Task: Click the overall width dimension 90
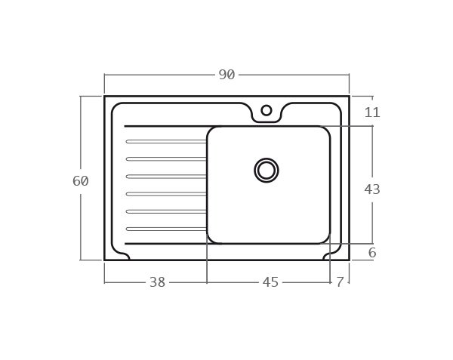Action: (226, 75)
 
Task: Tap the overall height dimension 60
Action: (81, 181)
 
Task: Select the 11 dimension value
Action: (372, 112)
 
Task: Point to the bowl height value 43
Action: (372, 189)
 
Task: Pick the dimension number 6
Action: (372, 253)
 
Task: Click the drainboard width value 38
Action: (157, 282)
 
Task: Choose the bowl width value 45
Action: (270, 282)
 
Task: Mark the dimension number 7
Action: (340, 282)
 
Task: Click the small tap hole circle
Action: (267, 110)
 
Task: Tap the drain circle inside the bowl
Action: (267, 171)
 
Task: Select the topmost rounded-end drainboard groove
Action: (166, 141)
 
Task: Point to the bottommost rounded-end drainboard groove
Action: (166, 229)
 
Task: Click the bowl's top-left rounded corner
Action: (211, 131)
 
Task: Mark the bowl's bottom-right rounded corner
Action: (326, 239)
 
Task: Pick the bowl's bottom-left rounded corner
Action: (211, 239)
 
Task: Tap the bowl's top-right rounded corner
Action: (326, 131)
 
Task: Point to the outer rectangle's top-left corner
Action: (105, 96)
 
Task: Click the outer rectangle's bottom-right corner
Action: (349, 260)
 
